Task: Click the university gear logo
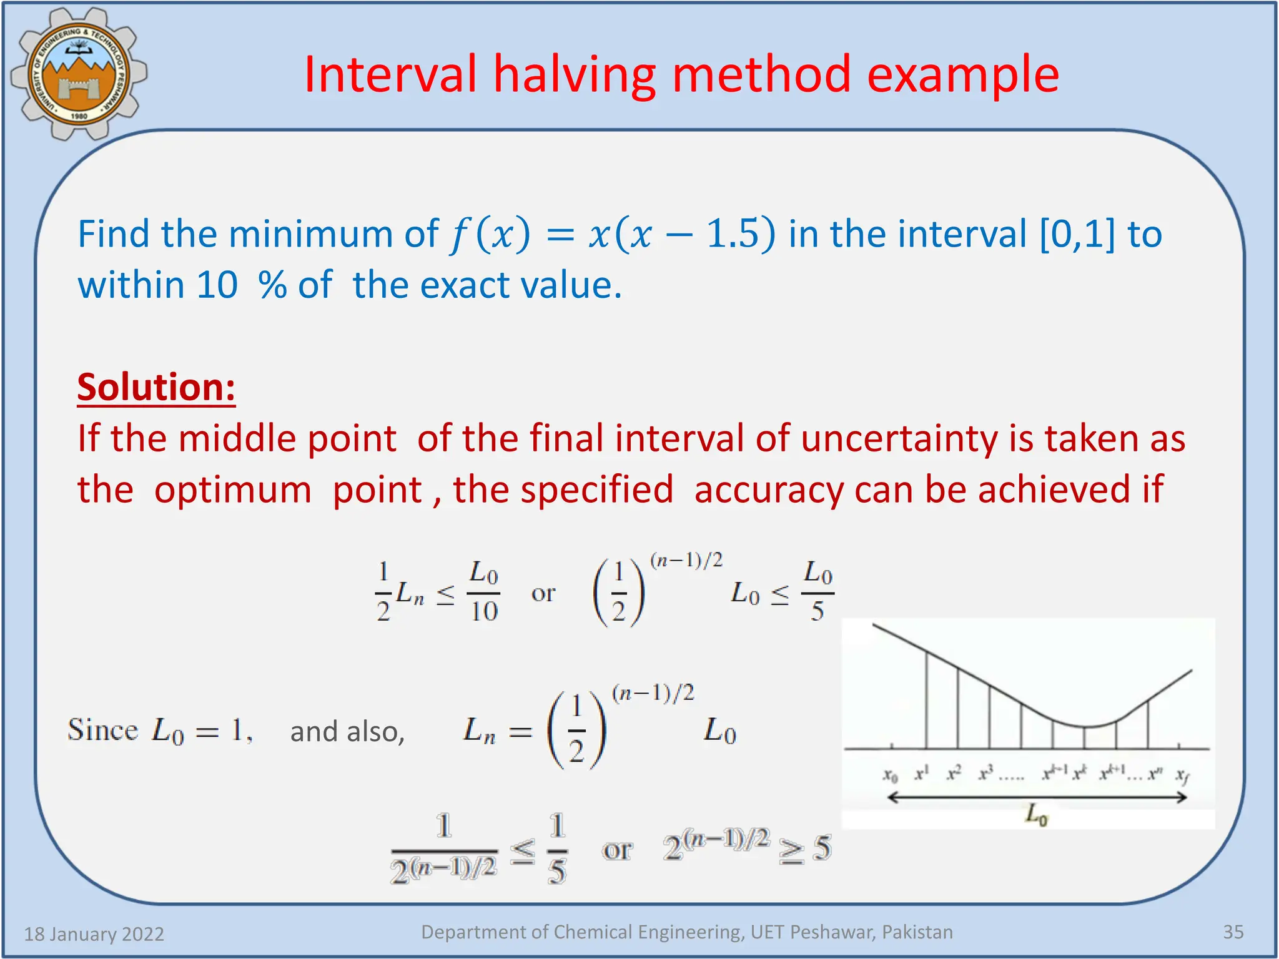click(79, 74)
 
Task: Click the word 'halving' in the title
click(575, 75)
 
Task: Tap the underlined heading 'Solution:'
click(156, 387)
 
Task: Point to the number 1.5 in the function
click(732, 235)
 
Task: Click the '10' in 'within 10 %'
click(217, 285)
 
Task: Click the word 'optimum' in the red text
click(232, 489)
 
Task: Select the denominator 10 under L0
click(484, 611)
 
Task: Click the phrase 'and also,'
click(347, 731)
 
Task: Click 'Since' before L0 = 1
click(102, 730)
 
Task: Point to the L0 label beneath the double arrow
click(1036, 815)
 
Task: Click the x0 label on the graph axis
click(890, 775)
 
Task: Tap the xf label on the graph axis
click(1182, 775)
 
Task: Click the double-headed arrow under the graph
click(1036, 797)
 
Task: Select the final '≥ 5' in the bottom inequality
click(805, 849)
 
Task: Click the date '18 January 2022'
click(94, 934)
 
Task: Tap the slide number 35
click(1233, 932)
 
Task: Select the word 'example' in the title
click(962, 75)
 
